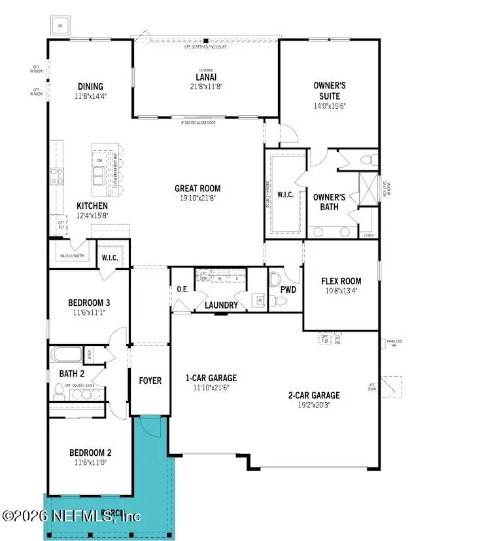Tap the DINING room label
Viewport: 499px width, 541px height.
[90, 86]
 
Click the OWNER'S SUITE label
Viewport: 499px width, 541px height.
[329, 90]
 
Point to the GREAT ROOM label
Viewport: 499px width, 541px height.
[197, 188]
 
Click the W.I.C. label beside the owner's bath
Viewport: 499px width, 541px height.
[284, 195]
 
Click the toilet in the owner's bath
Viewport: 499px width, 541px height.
[367, 159]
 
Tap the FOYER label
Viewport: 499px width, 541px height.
[150, 381]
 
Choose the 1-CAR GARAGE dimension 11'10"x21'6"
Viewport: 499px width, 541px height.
[211, 387]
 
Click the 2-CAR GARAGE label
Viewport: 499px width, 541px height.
[313, 395]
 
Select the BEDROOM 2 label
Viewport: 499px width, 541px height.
[90, 453]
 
